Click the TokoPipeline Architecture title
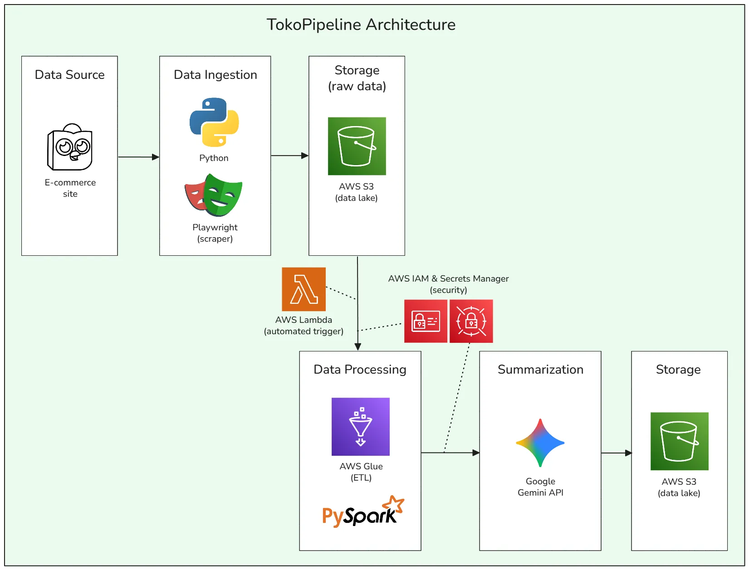point(361,24)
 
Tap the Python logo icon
point(214,122)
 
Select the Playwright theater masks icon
point(214,195)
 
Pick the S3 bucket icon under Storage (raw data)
point(357,146)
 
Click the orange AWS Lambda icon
point(304,289)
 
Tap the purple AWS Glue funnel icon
point(361,427)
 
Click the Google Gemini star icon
point(540,443)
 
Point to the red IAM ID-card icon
point(426,321)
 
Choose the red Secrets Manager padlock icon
point(471,321)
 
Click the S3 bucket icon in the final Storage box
point(679,441)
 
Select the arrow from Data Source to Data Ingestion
point(138,157)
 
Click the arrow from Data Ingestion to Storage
point(289,156)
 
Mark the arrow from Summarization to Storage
point(616,453)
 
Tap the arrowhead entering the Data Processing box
point(357,347)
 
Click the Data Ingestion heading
point(215,75)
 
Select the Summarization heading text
point(540,370)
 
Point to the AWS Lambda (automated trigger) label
point(304,326)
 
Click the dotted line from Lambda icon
point(341,293)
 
